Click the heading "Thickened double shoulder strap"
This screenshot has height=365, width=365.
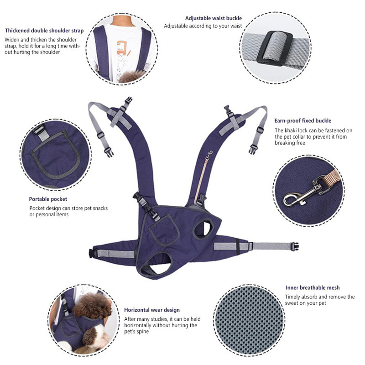point(44,31)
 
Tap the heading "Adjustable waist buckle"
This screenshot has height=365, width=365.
point(214,18)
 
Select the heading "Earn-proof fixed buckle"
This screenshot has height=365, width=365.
point(302,120)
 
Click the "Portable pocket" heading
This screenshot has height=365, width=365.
point(48,199)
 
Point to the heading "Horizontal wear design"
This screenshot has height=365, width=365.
point(152,310)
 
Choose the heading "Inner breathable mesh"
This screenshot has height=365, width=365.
point(313,287)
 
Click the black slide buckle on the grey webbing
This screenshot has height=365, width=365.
point(275,49)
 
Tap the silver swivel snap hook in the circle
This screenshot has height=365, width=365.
point(302,193)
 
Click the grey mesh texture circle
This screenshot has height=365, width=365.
point(249,320)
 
